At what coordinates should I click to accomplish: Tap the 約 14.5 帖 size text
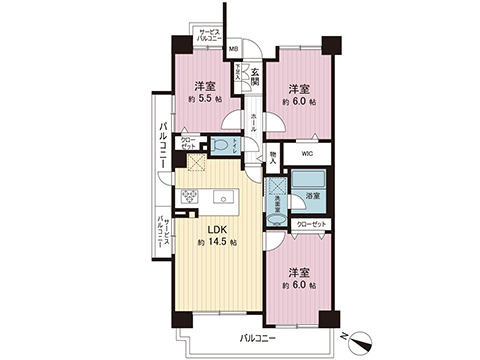[217, 243]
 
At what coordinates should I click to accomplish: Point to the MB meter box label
[233, 50]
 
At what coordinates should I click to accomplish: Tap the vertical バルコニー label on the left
[160, 145]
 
